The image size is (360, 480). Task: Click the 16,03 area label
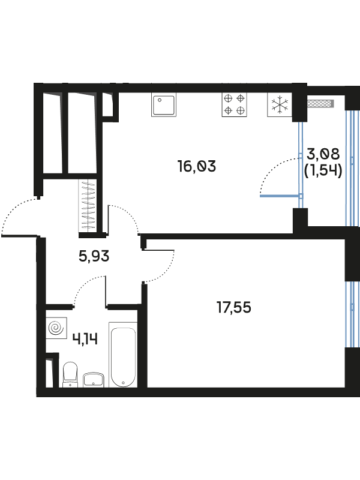[x=197, y=166]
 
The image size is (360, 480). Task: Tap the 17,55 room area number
[x=234, y=307]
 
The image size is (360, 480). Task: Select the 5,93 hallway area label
[x=94, y=256]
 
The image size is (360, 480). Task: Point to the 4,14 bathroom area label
[x=85, y=339]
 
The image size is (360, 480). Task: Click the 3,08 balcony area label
[x=323, y=154]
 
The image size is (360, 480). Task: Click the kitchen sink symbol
[x=164, y=105]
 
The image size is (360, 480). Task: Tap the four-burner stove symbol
[x=235, y=104]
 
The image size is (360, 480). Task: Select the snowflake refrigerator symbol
[x=280, y=104]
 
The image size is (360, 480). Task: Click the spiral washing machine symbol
[x=56, y=328]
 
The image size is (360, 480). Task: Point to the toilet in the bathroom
[x=70, y=374]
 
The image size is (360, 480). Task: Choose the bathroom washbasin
[x=94, y=380]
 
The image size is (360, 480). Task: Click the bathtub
[x=123, y=355]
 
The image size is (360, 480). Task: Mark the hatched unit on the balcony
[x=320, y=103]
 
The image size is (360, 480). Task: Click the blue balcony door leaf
[x=279, y=196]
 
